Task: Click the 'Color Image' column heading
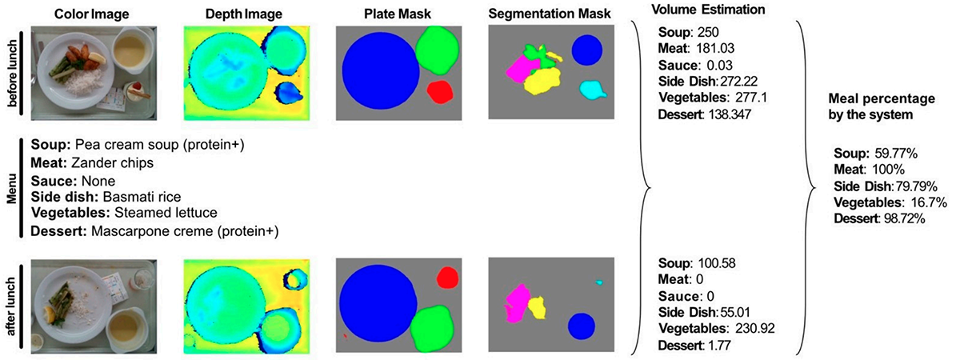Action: point(91,14)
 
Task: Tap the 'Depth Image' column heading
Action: point(244,14)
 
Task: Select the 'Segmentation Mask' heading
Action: point(550,14)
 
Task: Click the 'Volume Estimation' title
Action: point(708,10)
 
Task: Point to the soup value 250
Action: point(707,32)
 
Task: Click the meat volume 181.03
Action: point(715,49)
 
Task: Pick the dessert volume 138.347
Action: point(729,114)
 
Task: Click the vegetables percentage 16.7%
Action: point(929,202)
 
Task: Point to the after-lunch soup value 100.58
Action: point(717,263)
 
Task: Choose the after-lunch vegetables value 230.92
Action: point(755,329)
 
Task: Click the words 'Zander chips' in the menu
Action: point(112,163)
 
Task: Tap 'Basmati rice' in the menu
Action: point(142,197)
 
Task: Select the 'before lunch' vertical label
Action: point(12,74)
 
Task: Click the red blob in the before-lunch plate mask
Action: point(440,92)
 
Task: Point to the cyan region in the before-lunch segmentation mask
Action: point(593,90)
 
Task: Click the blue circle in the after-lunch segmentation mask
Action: point(582,326)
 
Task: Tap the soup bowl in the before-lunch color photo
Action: point(131,50)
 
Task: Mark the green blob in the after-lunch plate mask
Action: point(432,330)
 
